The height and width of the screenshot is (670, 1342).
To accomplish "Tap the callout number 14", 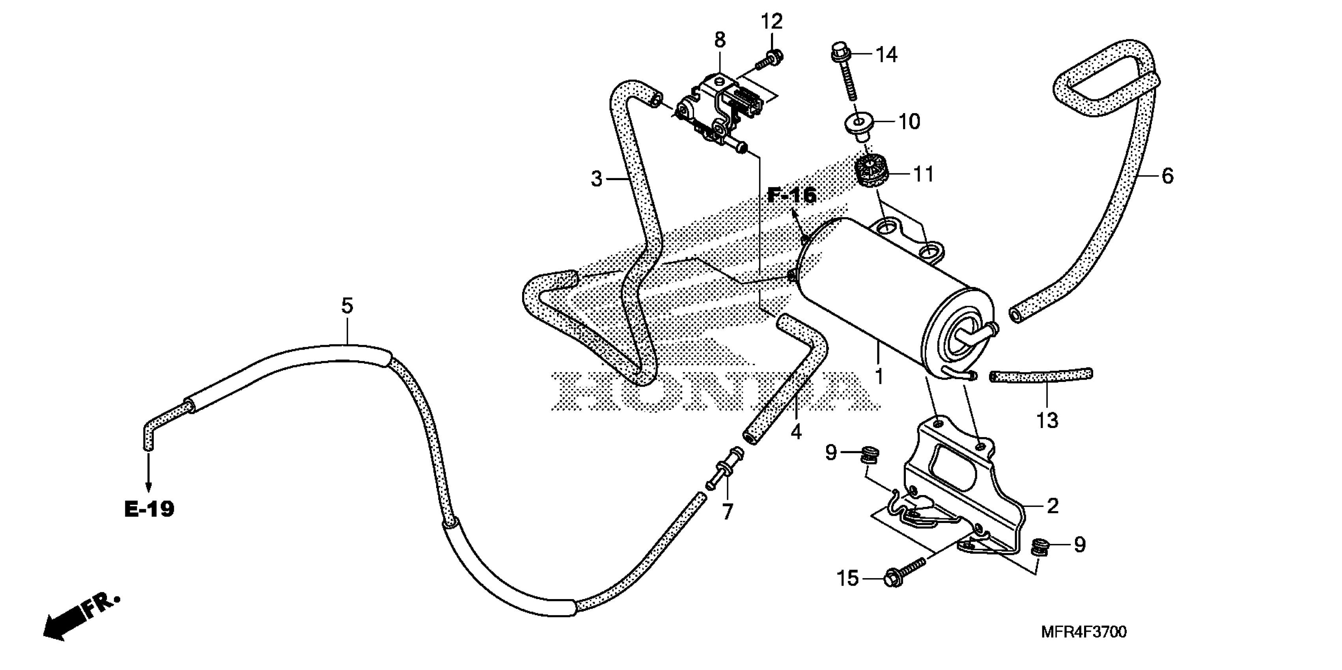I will [886, 54].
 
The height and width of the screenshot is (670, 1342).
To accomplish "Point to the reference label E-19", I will [149, 509].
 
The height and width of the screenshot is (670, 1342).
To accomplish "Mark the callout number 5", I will [347, 305].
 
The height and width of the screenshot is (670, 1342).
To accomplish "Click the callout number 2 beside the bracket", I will [1053, 506].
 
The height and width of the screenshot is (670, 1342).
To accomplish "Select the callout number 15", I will [847, 579].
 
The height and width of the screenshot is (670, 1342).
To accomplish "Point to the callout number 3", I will [597, 179].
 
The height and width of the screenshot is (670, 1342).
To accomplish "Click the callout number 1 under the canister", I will [879, 376].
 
